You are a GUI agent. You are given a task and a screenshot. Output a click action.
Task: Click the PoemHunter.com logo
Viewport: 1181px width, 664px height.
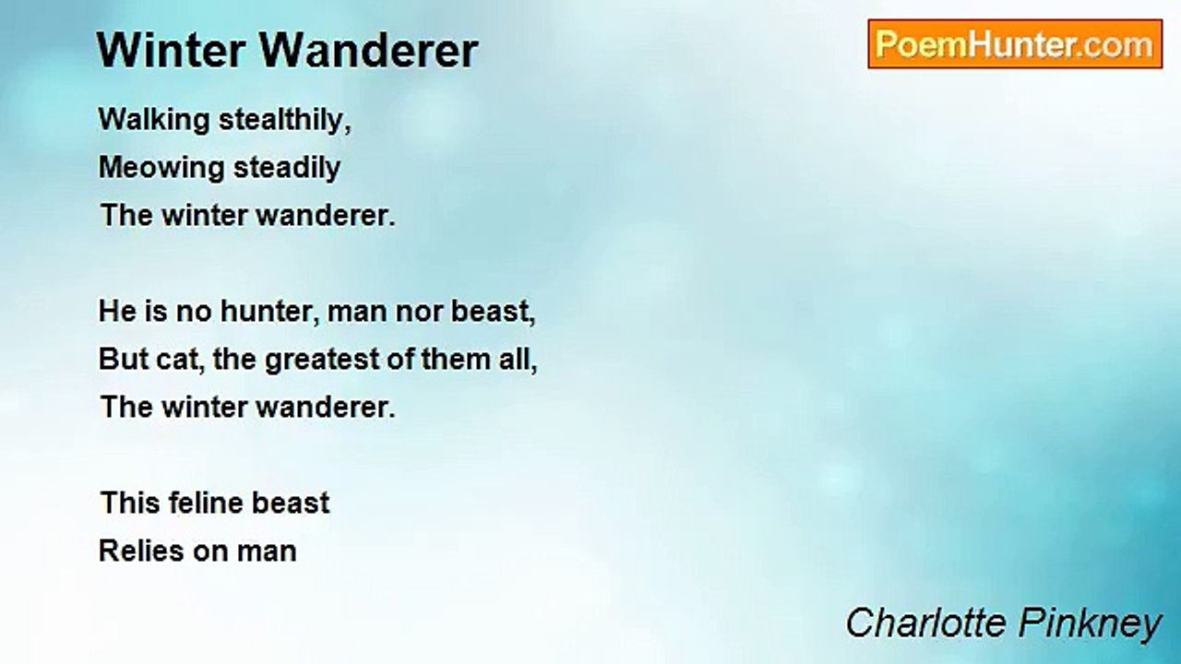coord(1014,44)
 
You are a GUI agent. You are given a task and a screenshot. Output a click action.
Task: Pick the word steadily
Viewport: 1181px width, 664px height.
coord(287,168)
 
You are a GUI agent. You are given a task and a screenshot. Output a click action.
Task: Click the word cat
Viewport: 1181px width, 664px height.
coord(180,360)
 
